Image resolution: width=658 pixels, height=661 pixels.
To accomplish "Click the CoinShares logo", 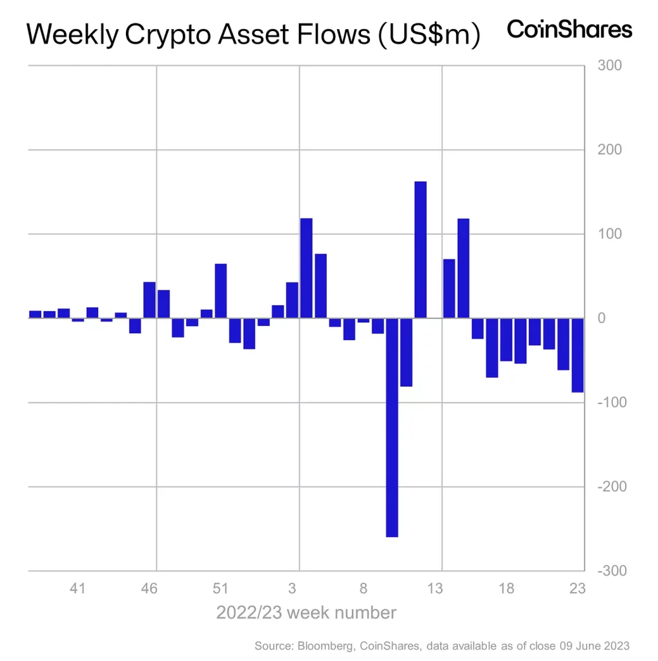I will [x=570, y=30].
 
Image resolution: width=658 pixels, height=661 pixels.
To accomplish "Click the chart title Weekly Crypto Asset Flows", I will [x=254, y=35].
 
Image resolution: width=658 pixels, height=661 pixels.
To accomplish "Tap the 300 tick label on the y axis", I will [x=610, y=66].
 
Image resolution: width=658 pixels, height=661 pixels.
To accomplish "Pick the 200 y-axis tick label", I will [x=610, y=150].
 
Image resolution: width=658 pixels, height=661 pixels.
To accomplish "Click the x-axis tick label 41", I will [x=78, y=588].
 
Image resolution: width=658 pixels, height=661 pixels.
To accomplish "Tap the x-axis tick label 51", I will [x=221, y=588].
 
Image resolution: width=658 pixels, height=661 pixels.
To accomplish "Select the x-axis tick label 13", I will [x=436, y=588].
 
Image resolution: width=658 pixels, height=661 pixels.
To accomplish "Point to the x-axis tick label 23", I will [x=577, y=588].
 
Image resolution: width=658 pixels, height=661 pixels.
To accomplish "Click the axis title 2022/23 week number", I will [x=306, y=612].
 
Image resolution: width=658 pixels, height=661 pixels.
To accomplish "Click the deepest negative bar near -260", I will [x=392, y=427].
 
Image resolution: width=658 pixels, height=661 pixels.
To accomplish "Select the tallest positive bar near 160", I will [x=420, y=250].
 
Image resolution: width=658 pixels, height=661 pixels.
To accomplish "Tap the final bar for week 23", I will [x=577, y=355].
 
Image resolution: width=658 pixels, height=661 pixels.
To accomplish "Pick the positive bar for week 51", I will [x=221, y=291].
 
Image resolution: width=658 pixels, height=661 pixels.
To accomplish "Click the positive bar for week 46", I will [x=150, y=300].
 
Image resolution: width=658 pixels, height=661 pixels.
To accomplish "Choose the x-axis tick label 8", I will [x=364, y=588].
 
